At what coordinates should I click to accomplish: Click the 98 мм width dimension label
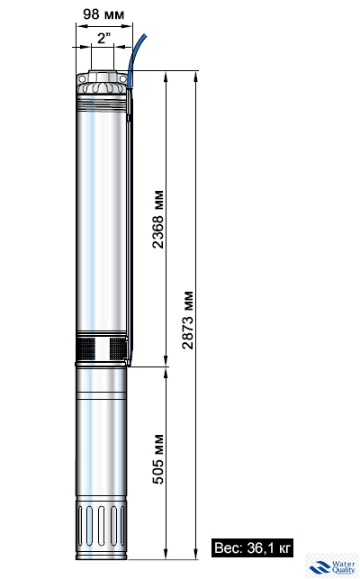tap(103, 14)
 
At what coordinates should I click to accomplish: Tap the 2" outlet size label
tap(103, 39)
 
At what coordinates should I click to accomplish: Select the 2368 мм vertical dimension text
tap(157, 221)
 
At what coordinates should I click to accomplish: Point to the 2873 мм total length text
tap(188, 320)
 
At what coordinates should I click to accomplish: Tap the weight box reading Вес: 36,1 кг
tap(253, 547)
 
